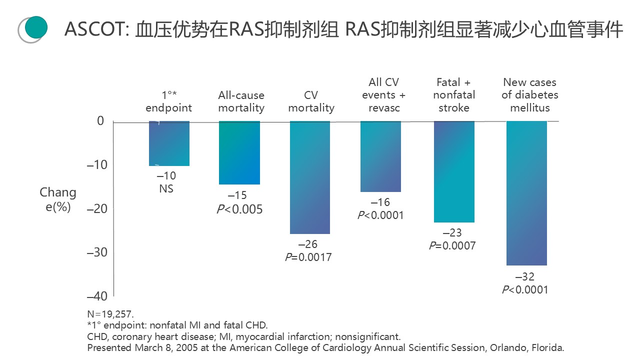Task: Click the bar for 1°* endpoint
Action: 169,143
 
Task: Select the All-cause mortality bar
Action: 239,152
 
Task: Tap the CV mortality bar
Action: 310,177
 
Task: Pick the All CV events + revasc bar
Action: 380,156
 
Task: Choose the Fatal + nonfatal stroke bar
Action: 454,171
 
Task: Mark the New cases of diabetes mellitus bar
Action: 526,193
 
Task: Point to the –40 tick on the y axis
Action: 97,296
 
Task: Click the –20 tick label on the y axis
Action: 97,208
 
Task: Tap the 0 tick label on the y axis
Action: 100,121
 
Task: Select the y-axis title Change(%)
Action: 58,199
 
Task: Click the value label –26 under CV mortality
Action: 308,244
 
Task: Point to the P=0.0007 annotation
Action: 452,245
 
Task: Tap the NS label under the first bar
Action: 166,189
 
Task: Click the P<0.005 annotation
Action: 239,209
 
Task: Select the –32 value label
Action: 525,277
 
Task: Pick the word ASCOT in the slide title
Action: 95,30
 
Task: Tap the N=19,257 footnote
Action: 110,314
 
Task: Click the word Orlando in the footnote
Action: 504,347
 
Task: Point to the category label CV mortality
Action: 311,101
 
